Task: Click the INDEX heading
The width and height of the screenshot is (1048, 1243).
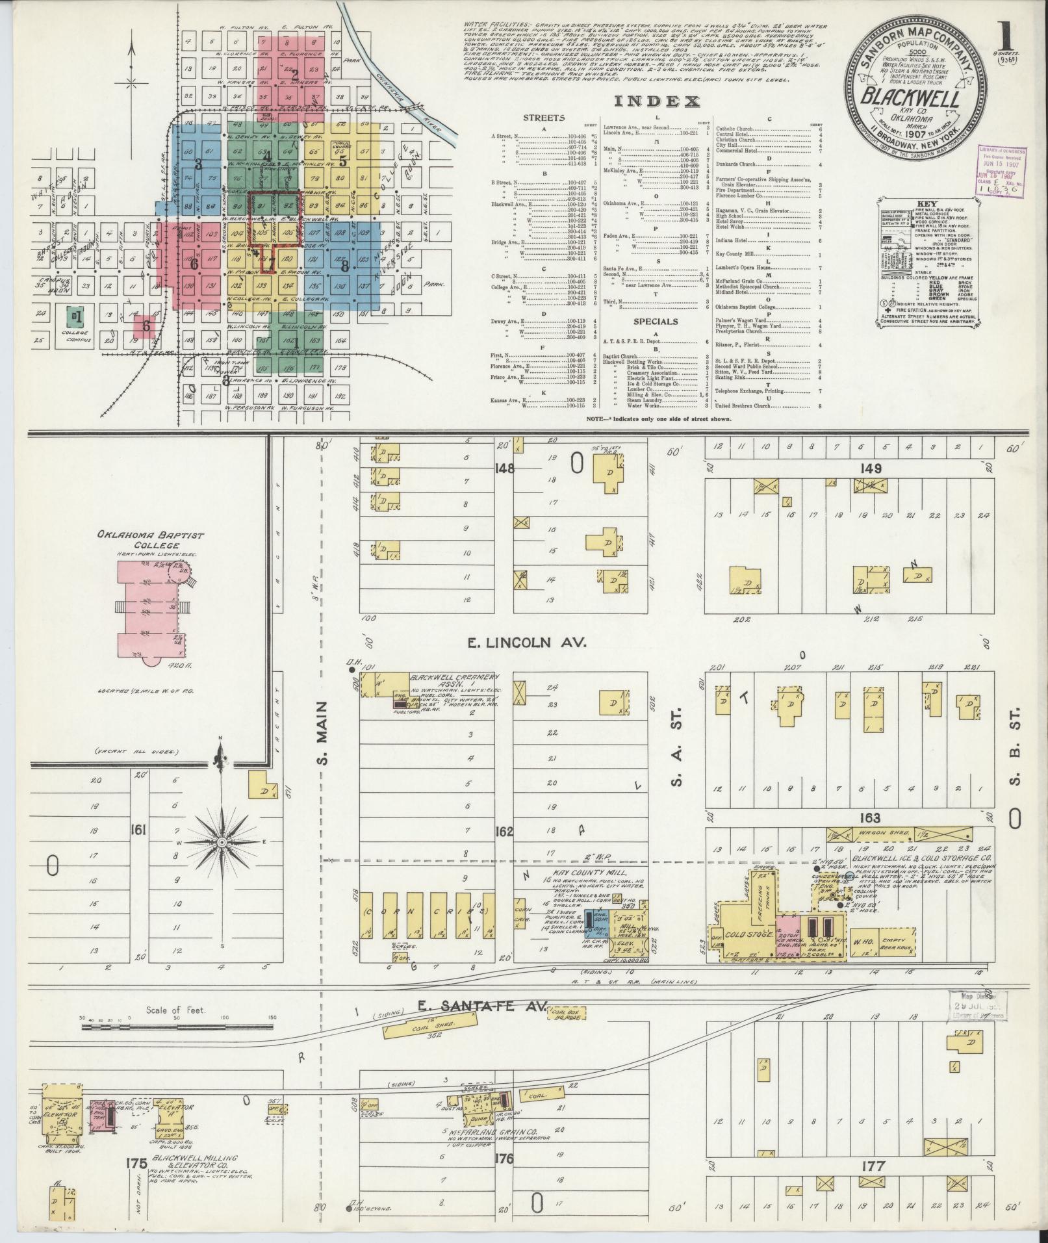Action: click(x=656, y=101)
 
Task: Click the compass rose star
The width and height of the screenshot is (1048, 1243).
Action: click(x=222, y=842)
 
